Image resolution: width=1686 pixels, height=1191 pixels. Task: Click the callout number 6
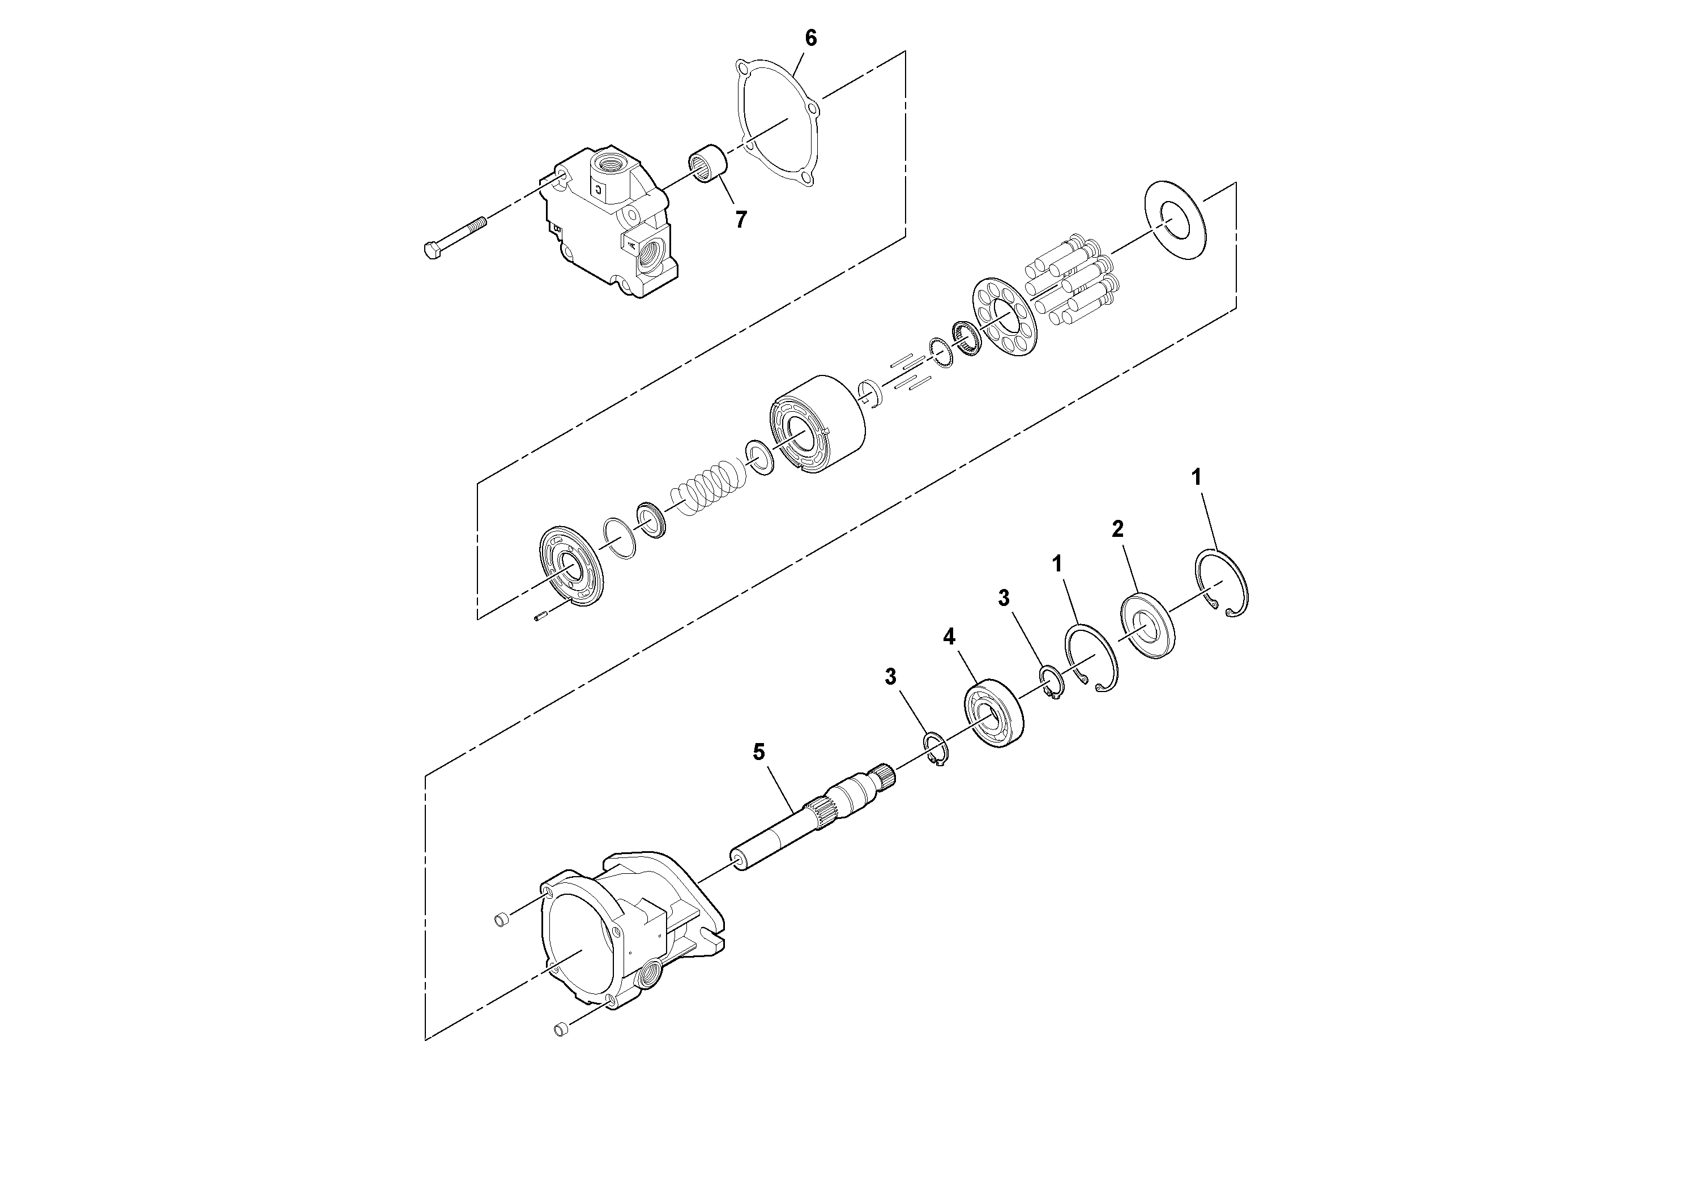coord(810,38)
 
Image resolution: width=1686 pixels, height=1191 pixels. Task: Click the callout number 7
coord(741,219)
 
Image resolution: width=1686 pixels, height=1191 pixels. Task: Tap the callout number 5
coord(758,752)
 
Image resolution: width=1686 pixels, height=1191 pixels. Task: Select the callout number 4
coord(950,637)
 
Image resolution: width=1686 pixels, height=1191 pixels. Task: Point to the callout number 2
coord(1117,529)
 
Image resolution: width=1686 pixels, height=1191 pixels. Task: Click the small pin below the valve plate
coord(543,616)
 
